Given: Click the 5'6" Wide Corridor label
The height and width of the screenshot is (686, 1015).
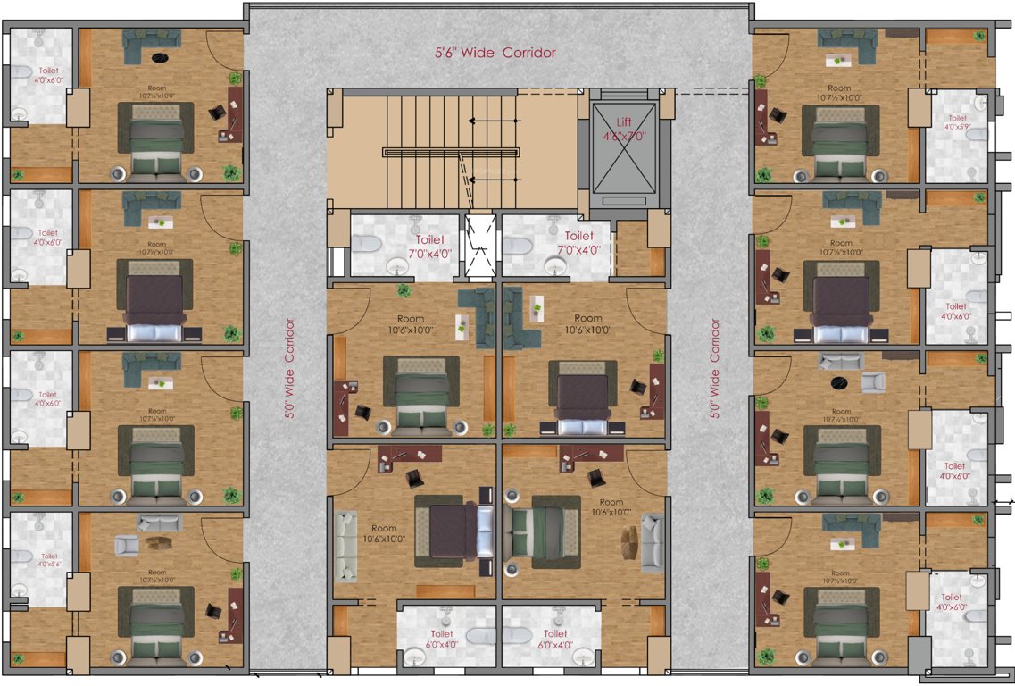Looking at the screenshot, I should (x=495, y=53).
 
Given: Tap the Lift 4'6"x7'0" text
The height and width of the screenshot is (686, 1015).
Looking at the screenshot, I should (x=624, y=128).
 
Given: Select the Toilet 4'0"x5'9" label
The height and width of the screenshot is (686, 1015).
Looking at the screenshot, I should (x=957, y=123).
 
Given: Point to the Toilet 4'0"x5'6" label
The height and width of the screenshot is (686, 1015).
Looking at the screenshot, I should (x=47, y=560).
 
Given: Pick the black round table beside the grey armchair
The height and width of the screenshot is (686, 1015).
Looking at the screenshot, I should (x=839, y=383).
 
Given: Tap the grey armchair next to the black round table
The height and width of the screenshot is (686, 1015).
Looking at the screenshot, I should (x=872, y=382).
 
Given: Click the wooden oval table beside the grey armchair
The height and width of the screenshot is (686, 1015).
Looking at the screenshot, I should (x=159, y=545).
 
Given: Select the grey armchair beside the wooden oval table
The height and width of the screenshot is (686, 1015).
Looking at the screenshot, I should (x=127, y=544).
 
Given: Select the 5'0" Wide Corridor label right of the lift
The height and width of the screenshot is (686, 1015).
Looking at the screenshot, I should (x=714, y=366).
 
